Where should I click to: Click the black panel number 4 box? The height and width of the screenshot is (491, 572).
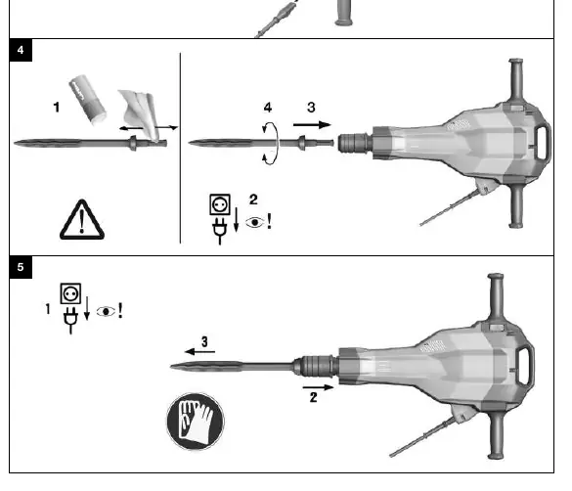point(21,50)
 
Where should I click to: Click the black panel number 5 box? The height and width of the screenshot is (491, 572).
point(21,267)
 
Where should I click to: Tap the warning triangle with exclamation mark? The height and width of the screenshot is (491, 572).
point(82,220)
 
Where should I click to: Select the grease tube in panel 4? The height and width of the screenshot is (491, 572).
point(88,100)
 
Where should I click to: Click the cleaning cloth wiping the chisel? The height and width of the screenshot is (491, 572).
point(140,113)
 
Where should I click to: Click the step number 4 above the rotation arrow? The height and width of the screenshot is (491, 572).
point(268,108)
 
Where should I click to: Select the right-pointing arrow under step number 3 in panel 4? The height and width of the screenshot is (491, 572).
point(312,125)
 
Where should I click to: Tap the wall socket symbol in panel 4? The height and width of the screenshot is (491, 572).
point(220,204)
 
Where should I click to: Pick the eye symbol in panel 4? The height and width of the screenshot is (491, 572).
point(255,222)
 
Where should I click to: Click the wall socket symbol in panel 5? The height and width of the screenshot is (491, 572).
point(70,293)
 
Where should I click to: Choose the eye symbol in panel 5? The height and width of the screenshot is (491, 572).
point(106,312)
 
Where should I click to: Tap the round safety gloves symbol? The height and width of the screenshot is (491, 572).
point(196,422)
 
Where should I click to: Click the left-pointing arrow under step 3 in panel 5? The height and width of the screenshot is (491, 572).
point(199,352)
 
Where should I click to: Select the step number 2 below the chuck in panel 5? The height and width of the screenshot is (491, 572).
point(313,398)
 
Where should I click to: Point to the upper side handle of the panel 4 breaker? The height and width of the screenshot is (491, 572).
point(516,79)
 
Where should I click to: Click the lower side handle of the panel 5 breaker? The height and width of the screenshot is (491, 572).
point(496,435)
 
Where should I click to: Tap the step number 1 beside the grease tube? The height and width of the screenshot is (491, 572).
point(56,108)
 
